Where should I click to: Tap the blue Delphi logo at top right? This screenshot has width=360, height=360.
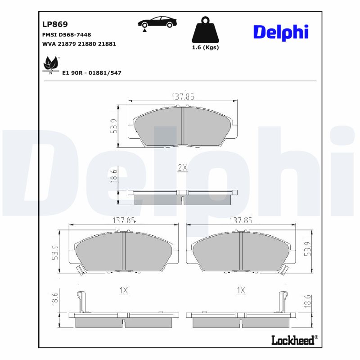(x=280, y=32)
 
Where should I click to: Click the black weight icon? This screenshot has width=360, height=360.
(x=205, y=30)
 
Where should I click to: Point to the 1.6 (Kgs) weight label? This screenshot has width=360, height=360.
(x=205, y=47)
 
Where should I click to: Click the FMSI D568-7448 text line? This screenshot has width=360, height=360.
(x=67, y=35)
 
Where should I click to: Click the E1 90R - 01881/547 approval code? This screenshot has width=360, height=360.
(x=92, y=72)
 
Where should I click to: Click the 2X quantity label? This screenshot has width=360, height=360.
(x=182, y=167)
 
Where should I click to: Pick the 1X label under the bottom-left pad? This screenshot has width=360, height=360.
(x=123, y=291)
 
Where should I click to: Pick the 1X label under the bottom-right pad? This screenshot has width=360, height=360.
(x=241, y=291)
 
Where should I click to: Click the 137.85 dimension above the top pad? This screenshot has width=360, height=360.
(x=183, y=97)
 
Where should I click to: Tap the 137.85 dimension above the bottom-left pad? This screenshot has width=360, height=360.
(x=123, y=220)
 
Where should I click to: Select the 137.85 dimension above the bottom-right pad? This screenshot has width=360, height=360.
(x=242, y=220)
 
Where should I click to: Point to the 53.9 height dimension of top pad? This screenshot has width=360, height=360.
(x=114, y=126)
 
